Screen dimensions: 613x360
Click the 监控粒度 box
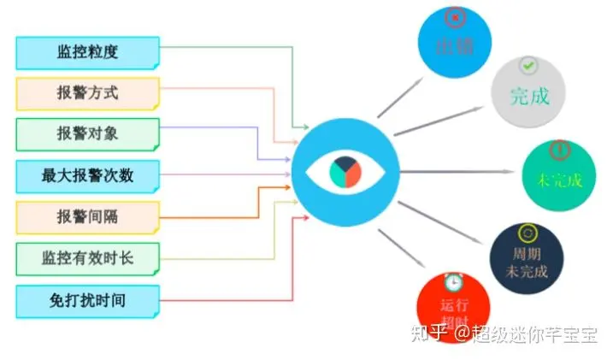click(x=87, y=52)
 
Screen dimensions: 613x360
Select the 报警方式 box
click(x=87, y=93)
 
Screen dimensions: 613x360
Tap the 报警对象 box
click(x=87, y=134)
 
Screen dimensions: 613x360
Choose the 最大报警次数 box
click(x=87, y=176)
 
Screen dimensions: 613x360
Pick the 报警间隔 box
click(x=87, y=217)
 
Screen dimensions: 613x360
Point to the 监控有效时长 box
click(x=87, y=258)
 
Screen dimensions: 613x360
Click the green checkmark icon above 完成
click(x=528, y=65)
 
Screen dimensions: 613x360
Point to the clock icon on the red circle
click(x=453, y=280)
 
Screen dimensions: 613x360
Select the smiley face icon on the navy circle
click(x=527, y=232)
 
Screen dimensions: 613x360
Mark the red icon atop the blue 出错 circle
click(x=456, y=16)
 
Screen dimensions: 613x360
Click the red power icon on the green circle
click(x=558, y=150)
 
